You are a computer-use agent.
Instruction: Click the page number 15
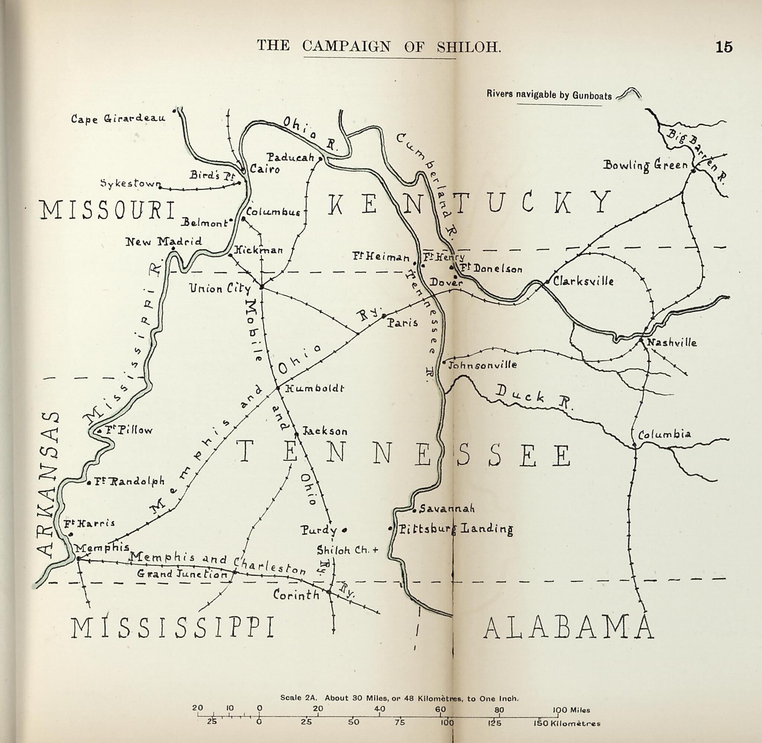tap(724, 47)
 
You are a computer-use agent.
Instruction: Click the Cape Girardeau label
tap(118, 118)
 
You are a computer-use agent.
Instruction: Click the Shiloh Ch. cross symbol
tap(376, 550)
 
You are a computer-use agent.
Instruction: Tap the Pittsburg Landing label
tap(455, 529)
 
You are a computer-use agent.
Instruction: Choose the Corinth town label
tap(296, 595)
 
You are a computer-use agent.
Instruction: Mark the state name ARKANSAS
tap(48, 484)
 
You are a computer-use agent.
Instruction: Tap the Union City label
tap(220, 288)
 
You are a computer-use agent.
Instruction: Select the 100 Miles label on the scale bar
tap(571, 710)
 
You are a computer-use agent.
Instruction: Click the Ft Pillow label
tap(129, 430)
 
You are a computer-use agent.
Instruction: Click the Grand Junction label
tap(182, 574)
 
